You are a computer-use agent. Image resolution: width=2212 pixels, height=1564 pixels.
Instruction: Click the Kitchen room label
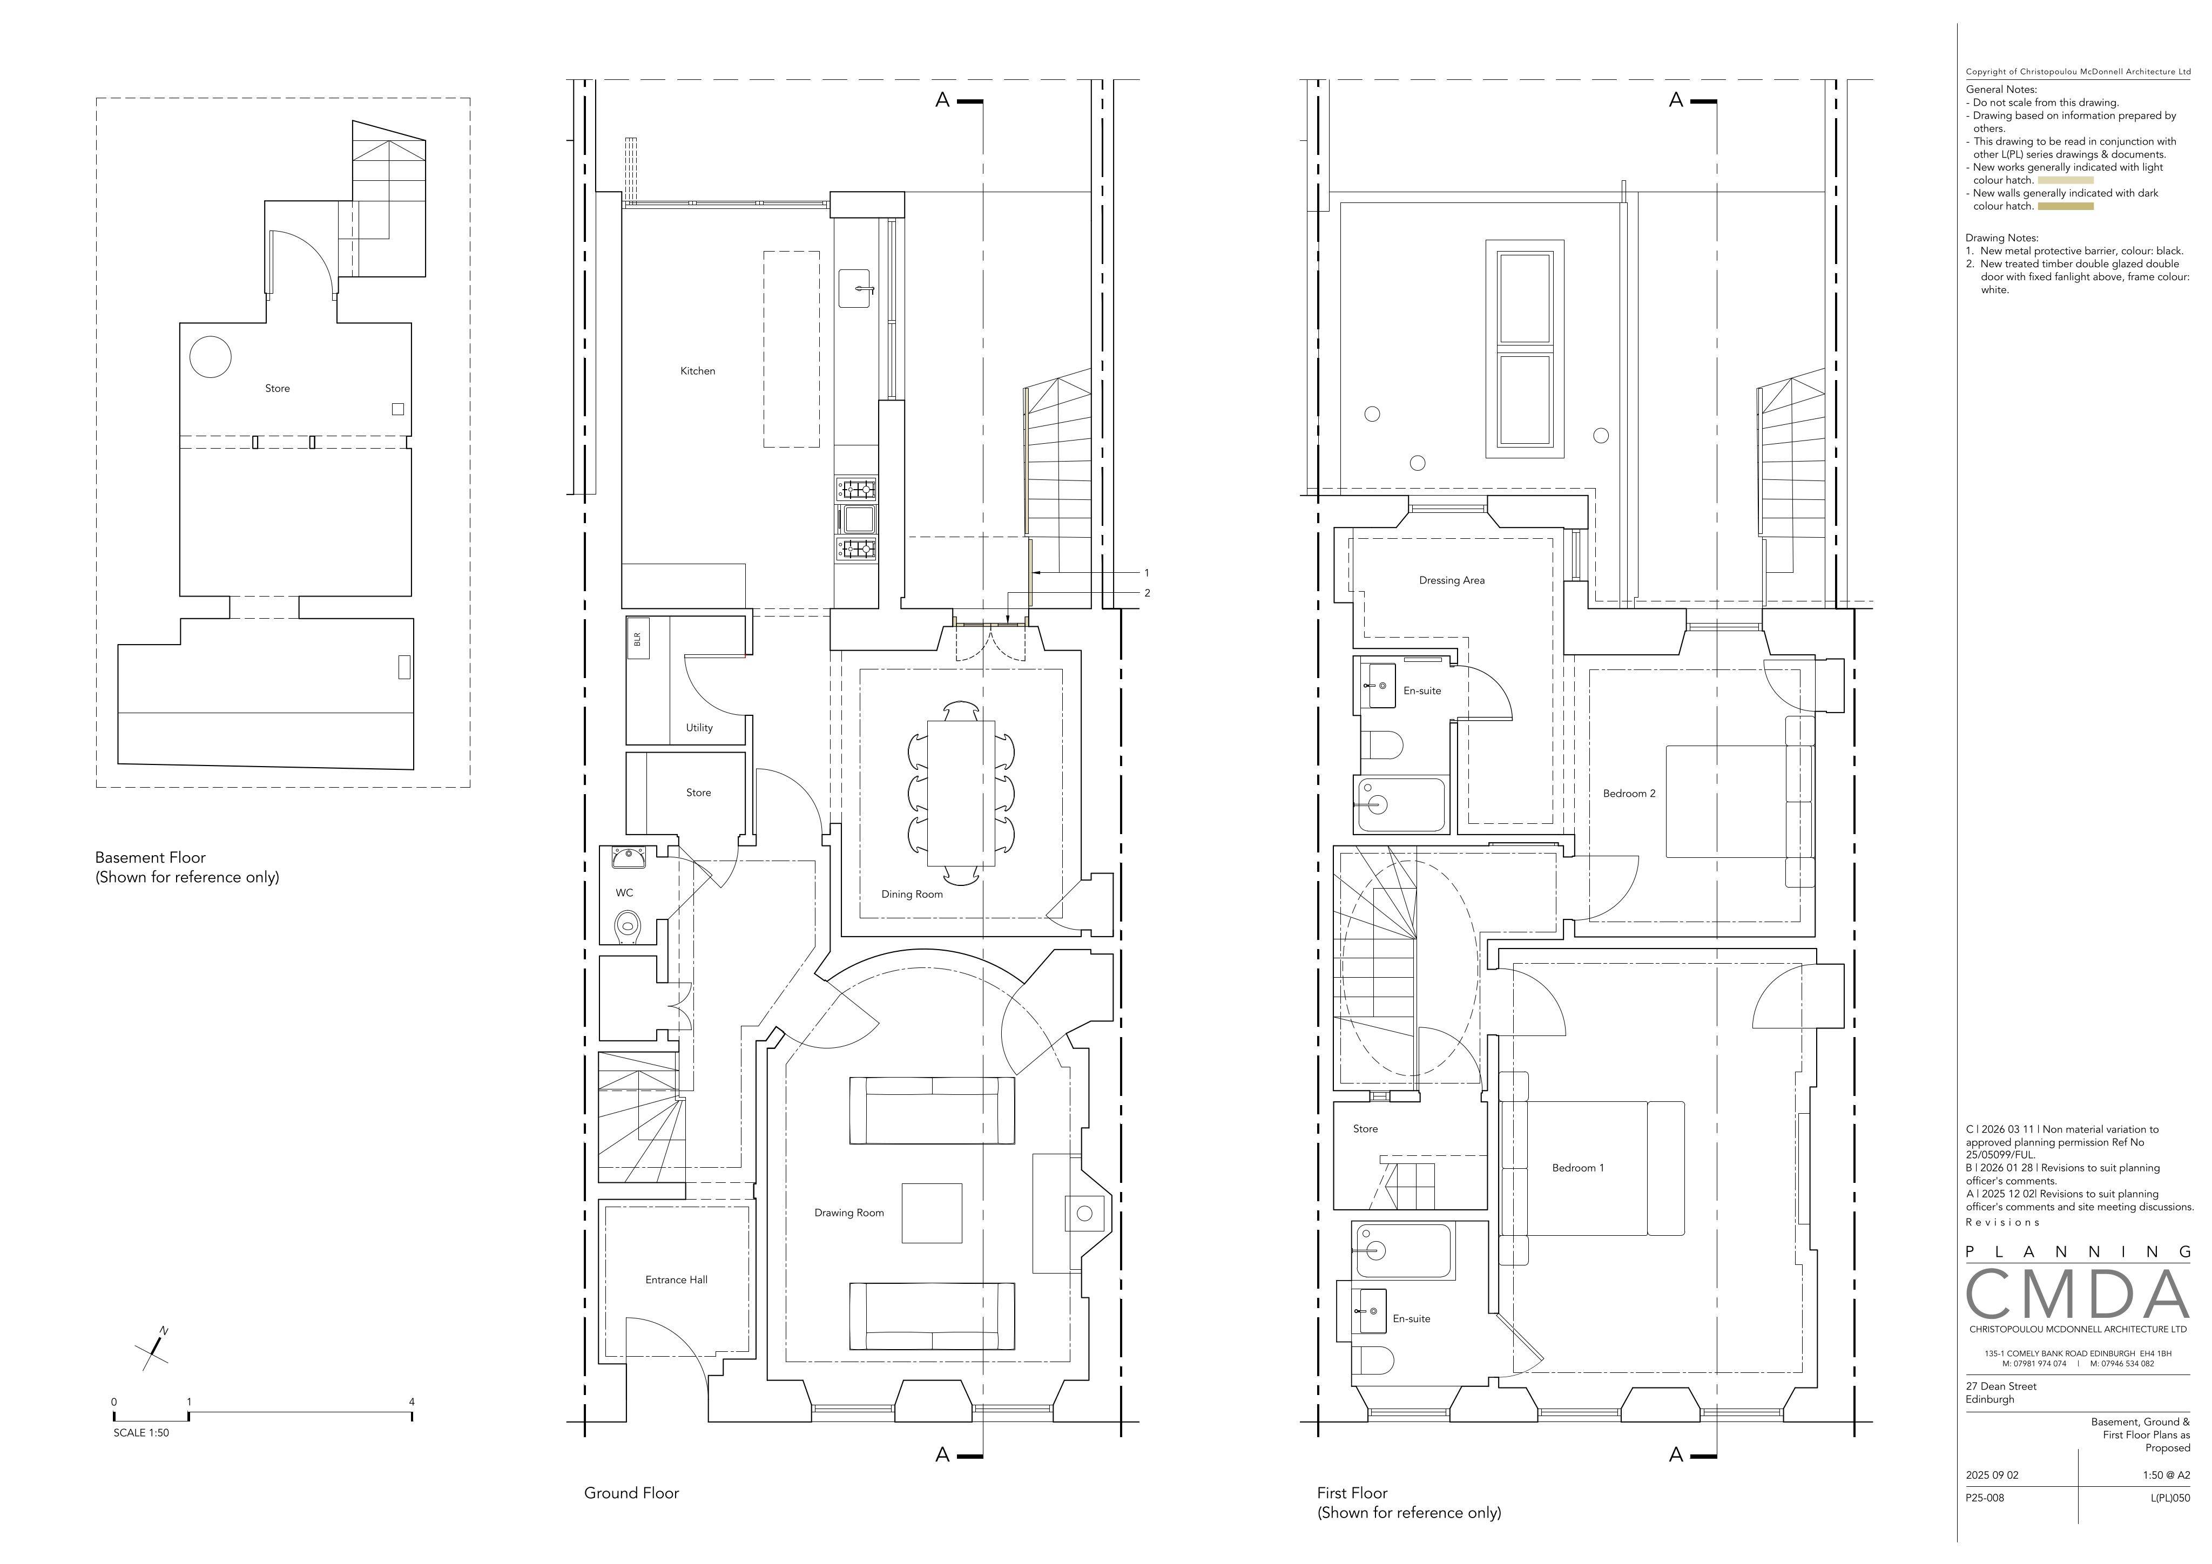click(698, 371)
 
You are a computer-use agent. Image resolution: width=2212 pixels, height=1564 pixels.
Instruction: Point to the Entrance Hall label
click(676, 1280)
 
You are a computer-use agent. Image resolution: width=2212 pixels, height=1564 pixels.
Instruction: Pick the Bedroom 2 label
click(1629, 794)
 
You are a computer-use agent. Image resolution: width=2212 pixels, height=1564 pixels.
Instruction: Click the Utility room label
click(699, 728)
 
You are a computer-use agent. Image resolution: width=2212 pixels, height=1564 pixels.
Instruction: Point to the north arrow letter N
click(164, 1331)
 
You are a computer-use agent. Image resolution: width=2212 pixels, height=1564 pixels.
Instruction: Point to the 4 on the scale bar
click(412, 1402)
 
